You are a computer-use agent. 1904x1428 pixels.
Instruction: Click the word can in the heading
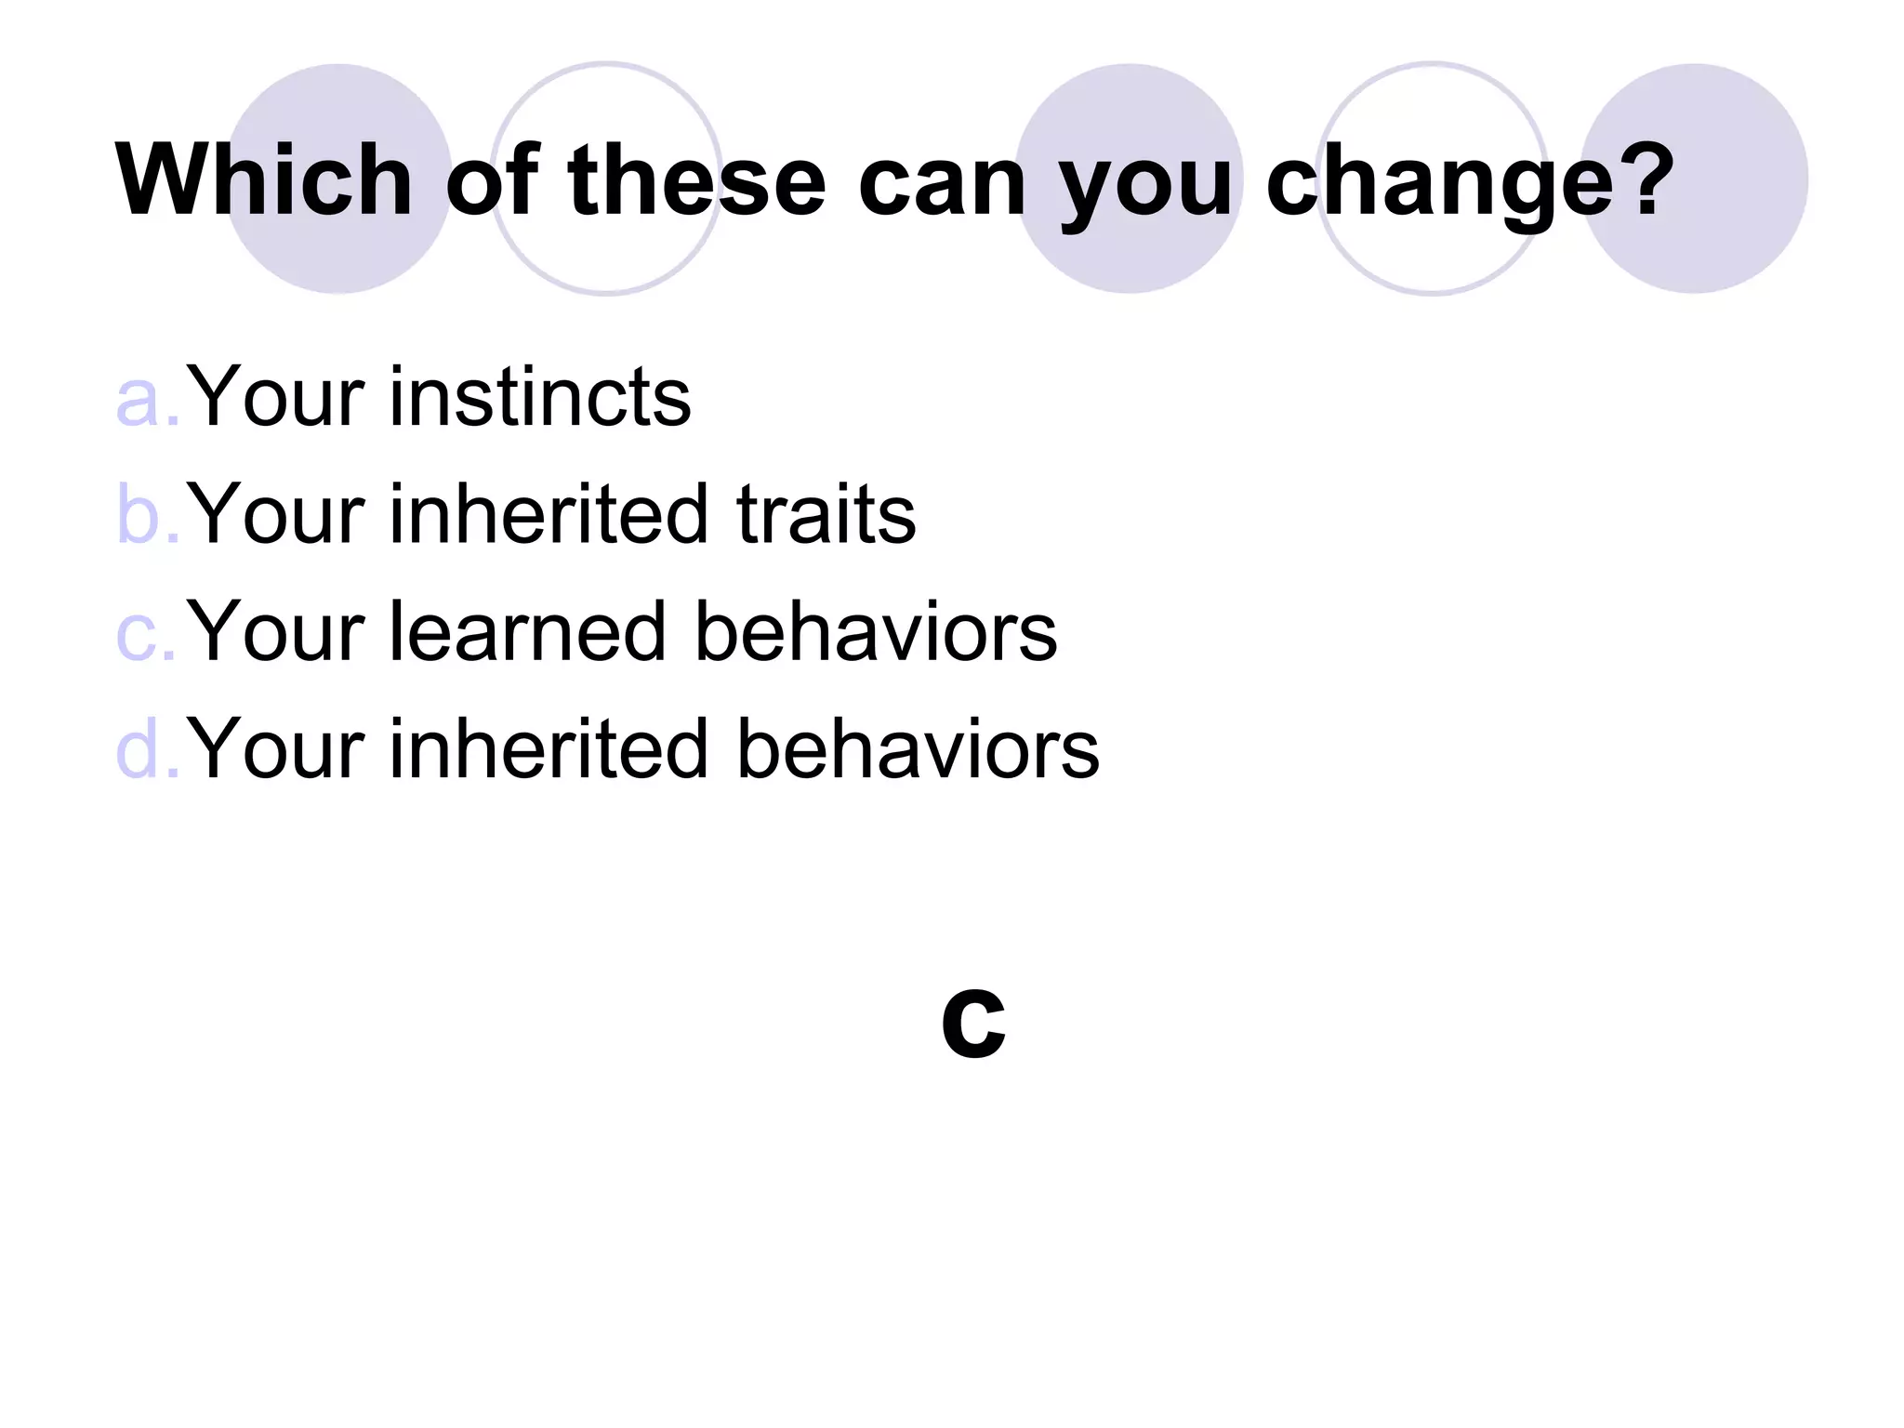click(x=942, y=184)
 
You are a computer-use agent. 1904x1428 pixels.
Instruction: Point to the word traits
click(x=826, y=514)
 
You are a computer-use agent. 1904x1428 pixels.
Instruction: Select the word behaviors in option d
click(x=918, y=748)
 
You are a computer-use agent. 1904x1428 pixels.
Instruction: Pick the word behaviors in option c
click(x=876, y=632)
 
